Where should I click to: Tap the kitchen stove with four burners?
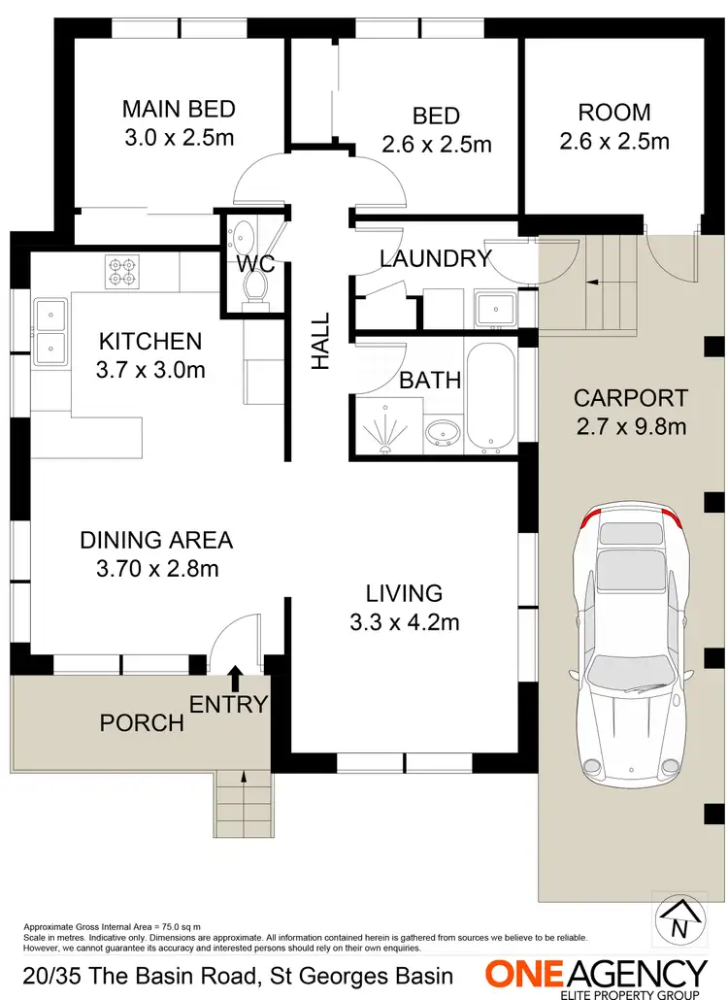pos(123,270)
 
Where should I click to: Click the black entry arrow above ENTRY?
pos(235,678)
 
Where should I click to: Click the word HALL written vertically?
pos(320,340)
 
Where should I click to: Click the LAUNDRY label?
pos(435,259)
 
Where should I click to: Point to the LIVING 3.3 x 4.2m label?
pos(404,608)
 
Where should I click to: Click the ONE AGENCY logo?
pos(596,974)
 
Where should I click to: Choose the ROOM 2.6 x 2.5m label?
pos(614,126)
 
